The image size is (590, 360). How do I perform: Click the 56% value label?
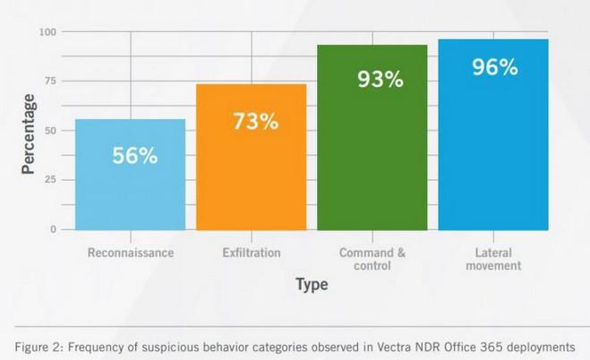134,155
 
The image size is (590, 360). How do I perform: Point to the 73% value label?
255,121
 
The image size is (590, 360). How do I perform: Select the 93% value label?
380,80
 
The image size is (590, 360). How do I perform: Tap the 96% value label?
495,67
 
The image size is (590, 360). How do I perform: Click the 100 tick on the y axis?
47,32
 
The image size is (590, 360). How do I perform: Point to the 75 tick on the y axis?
50,81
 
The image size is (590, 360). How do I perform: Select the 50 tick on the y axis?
50,131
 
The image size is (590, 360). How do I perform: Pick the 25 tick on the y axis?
50,180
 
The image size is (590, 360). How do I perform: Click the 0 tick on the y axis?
53,229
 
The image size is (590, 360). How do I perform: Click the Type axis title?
312,285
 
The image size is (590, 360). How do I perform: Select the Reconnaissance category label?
131,253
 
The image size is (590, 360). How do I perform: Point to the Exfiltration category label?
252,253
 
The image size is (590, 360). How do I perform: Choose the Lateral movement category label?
493,260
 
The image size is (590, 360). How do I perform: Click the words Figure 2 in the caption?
40,346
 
